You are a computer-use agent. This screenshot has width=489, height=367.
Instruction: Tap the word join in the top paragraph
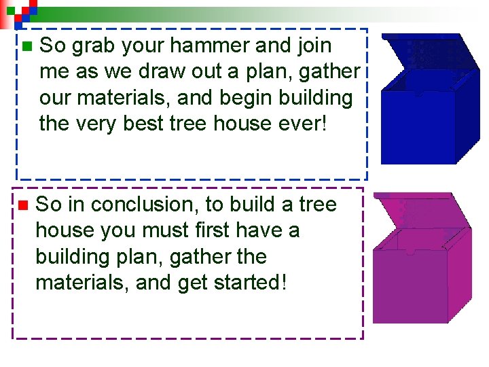(x=312, y=46)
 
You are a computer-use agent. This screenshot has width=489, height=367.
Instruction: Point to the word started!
(x=246, y=282)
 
